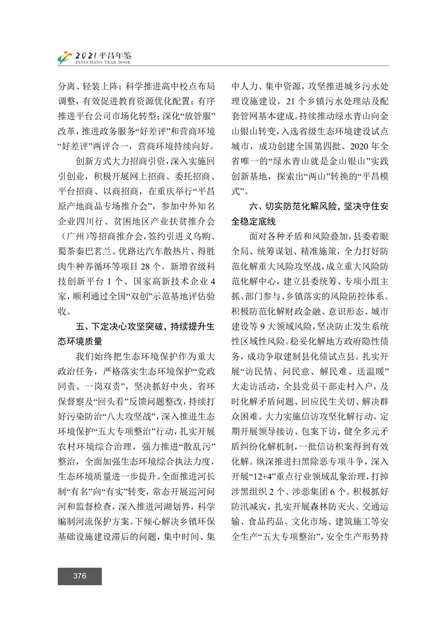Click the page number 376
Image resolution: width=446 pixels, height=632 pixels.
click(79, 576)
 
